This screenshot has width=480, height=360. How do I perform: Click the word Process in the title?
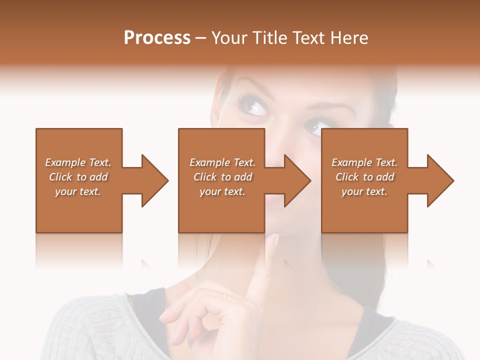pyautogui.click(x=157, y=38)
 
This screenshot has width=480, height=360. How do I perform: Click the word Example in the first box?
pyautogui.click(x=64, y=162)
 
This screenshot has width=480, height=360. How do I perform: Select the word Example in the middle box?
pyautogui.click(x=209, y=162)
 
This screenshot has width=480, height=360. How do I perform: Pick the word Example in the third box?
pyautogui.click(x=351, y=162)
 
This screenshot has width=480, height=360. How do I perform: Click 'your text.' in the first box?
pyautogui.click(x=78, y=191)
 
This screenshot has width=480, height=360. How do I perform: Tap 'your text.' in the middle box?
pyautogui.click(x=222, y=191)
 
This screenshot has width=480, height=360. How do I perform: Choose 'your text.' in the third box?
pyautogui.click(x=364, y=191)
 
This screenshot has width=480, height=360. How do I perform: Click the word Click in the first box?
pyautogui.click(x=60, y=177)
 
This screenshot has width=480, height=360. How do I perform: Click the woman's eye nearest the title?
pyautogui.click(x=254, y=105)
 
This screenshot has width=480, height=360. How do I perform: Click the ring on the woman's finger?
pyautogui.click(x=226, y=295)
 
